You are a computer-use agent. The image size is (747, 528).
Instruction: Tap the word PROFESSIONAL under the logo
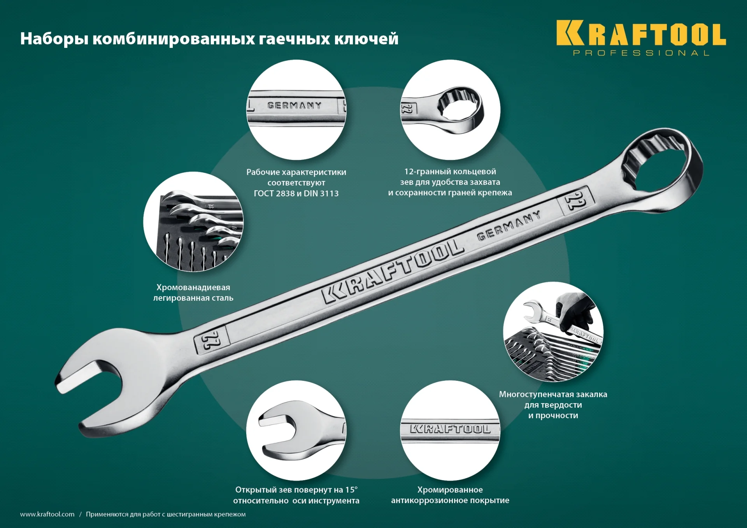click(x=641, y=53)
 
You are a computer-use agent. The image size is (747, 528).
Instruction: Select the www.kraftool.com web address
click(x=47, y=514)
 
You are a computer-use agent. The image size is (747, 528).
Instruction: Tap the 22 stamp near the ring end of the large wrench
click(x=575, y=200)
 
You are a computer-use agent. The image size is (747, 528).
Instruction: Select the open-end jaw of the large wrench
click(x=97, y=389)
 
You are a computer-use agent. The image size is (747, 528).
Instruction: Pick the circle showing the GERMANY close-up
click(x=296, y=110)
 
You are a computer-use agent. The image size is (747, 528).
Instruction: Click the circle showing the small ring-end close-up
click(x=450, y=110)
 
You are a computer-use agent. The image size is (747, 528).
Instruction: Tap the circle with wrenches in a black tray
click(x=193, y=222)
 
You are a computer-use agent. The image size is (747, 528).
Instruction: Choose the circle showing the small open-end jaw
click(x=296, y=430)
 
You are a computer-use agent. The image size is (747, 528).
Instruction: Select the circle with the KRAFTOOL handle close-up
click(x=450, y=430)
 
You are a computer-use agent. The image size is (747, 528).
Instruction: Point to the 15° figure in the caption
click(x=351, y=489)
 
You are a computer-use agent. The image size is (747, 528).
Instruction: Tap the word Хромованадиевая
click(x=193, y=287)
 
